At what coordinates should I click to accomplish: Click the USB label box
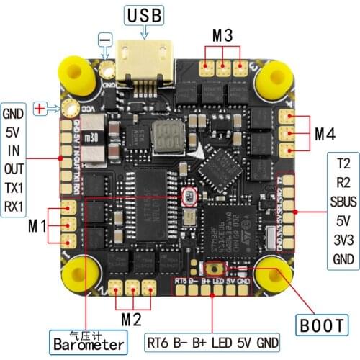coord(145,14)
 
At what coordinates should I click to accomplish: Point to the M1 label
coord(37,225)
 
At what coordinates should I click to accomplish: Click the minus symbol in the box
coord(105,36)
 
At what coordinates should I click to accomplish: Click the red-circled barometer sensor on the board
coord(188,197)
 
